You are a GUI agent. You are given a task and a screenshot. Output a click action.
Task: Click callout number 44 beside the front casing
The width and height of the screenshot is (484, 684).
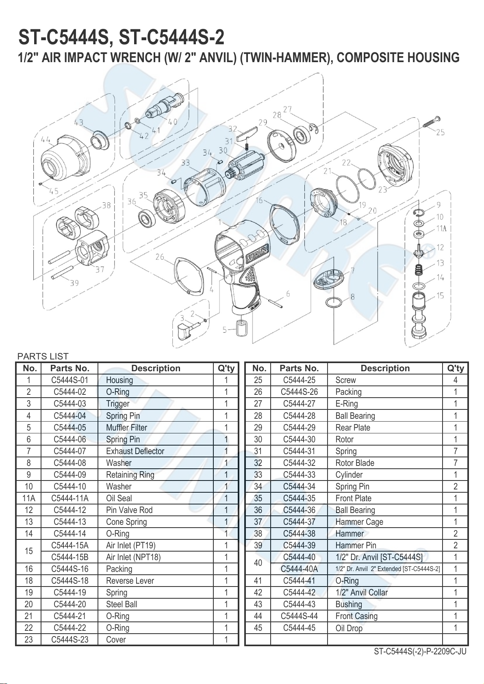tap(46, 140)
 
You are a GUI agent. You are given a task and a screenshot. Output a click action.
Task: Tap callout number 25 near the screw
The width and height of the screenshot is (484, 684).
tap(440, 132)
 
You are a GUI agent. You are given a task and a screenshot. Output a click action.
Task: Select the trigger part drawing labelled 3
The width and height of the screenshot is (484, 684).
tap(186, 330)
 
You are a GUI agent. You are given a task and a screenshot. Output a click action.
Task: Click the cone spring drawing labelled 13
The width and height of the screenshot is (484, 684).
tap(418, 270)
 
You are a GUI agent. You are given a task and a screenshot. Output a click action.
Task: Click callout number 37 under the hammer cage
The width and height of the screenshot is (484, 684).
tap(100, 269)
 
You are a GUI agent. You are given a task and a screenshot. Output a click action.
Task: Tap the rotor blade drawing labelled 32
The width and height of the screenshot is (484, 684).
tap(247, 134)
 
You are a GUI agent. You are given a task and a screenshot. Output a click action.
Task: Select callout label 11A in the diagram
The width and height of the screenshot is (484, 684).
tap(441, 229)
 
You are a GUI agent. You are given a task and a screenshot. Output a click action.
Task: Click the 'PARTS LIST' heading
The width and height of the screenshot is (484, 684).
tap(43, 356)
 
